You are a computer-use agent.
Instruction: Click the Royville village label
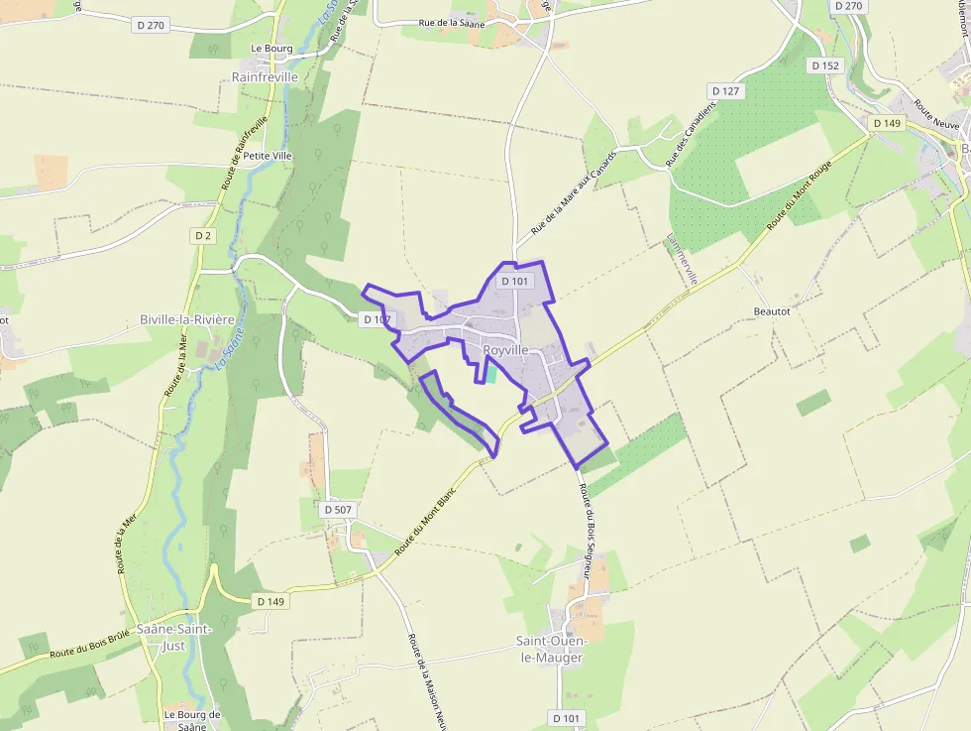point(505,350)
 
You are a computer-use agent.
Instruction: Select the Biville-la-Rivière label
point(186,319)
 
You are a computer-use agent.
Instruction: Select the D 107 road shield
point(378,319)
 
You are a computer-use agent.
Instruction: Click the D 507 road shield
point(338,509)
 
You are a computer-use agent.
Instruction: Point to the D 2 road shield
point(203,235)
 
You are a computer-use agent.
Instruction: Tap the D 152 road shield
point(824,65)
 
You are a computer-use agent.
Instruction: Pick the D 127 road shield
point(725,91)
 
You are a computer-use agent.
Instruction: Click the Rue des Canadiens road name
point(690,134)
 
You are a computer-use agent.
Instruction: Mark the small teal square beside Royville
point(489,374)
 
